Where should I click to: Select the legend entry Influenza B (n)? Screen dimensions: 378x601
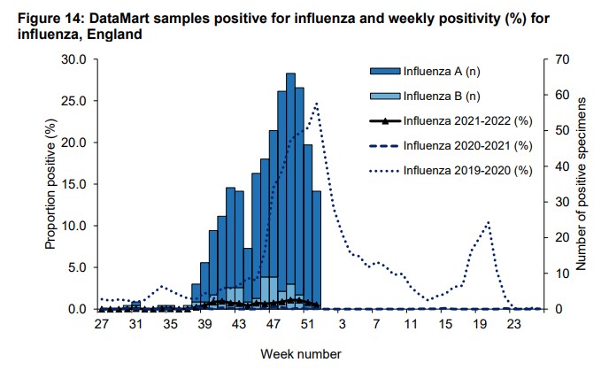pos(437,96)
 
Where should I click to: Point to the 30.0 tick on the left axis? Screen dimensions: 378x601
pos(72,59)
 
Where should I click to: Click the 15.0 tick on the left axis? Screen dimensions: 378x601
pos(72,184)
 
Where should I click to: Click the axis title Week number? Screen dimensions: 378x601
pos(300,353)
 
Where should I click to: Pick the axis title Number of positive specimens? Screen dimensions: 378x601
pos(584,183)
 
